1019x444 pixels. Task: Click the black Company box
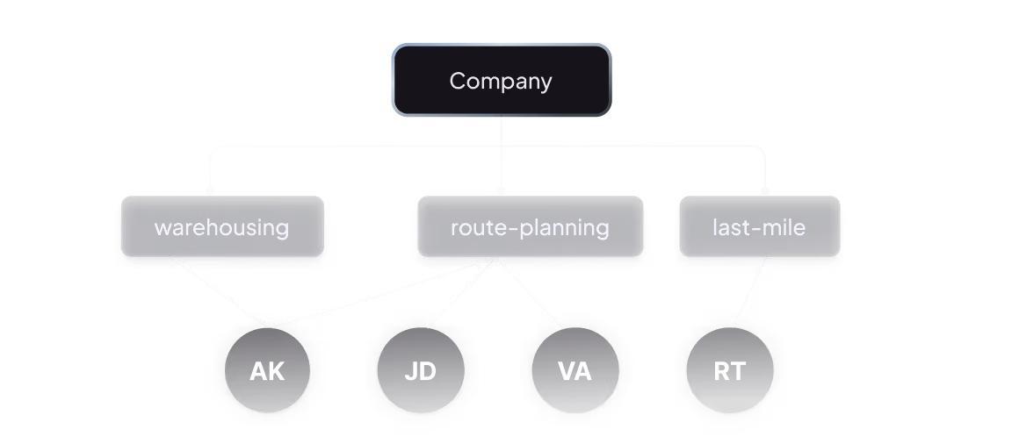(502, 81)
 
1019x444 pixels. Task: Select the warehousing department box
(222, 226)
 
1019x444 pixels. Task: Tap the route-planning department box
(531, 226)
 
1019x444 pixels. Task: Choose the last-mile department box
(760, 226)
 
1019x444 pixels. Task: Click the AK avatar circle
(267, 370)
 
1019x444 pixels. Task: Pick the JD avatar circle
(421, 370)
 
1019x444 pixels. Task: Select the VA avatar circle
(575, 370)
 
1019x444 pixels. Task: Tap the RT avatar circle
(730, 370)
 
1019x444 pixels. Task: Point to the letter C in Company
(459, 81)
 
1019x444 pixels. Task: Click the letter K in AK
(276, 371)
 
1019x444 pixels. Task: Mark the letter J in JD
(411, 371)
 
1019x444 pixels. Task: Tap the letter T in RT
(738, 371)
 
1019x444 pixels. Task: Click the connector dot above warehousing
(210, 190)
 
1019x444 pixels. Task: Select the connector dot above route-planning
(501, 190)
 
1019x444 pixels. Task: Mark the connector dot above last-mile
(765, 190)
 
